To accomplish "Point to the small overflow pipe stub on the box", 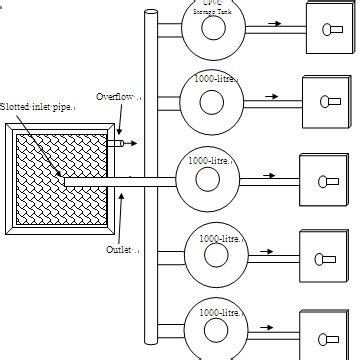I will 119,144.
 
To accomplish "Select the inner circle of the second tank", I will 211,103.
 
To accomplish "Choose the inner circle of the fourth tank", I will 210,256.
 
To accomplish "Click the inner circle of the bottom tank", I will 212,333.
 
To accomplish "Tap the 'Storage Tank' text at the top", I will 213,10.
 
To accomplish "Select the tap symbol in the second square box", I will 329,102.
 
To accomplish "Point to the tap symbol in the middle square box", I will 326,181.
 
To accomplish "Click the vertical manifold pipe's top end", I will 151,12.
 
